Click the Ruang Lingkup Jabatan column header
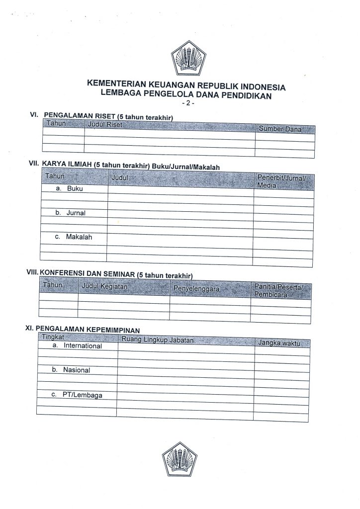[157, 340]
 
